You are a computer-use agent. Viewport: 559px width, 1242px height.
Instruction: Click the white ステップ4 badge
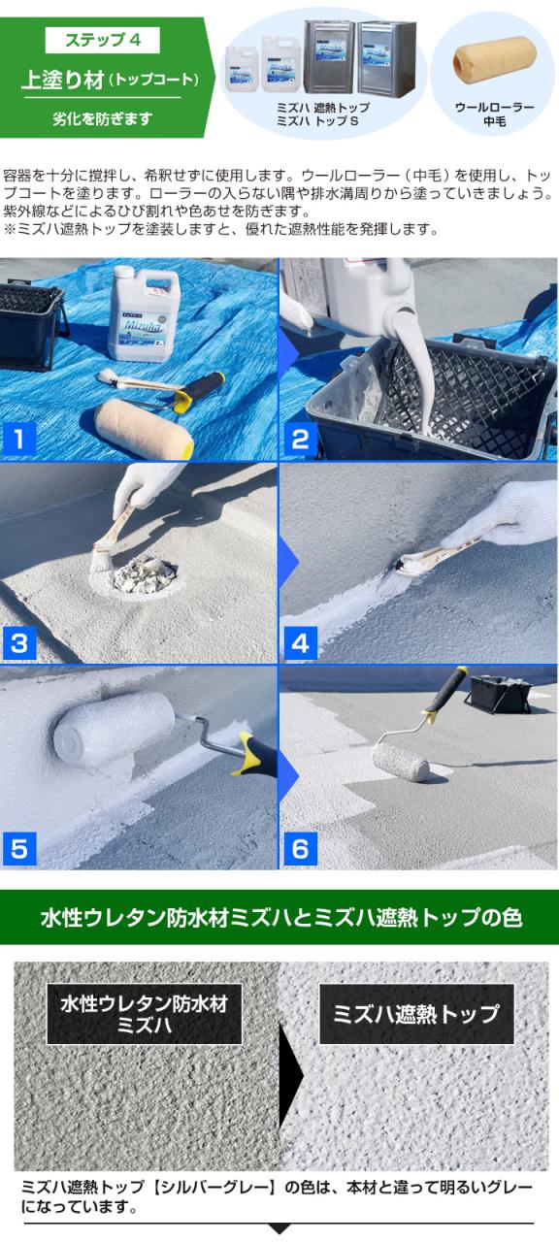(x=103, y=40)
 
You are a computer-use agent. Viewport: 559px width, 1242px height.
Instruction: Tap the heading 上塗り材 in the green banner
(x=63, y=80)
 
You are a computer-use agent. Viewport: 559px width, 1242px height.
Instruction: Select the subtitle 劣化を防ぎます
(x=103, y=118)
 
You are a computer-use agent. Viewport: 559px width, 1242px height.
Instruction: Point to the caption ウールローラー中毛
(x=495, y=114)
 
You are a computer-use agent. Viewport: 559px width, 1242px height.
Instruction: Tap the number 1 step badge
(x=18, y=440)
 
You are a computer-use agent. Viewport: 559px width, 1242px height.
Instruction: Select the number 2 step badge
(x=300, y=440)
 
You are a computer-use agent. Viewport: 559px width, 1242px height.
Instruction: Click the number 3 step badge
(x=18, y=643)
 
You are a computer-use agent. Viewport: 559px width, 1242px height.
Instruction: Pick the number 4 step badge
(x=300, y=643)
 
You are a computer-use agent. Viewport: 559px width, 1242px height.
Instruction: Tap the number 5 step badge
(x=18, y=849)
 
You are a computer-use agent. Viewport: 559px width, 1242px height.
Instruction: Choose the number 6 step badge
(x=300, y=849)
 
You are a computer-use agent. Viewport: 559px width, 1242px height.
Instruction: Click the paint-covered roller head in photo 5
(x=114, y=729)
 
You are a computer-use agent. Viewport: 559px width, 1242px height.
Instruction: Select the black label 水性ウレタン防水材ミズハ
(x=145, y=1014)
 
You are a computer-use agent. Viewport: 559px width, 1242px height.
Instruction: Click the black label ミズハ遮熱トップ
(x=416, y=1014)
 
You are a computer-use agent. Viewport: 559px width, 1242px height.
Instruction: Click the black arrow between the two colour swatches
(x=290, y=1074)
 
